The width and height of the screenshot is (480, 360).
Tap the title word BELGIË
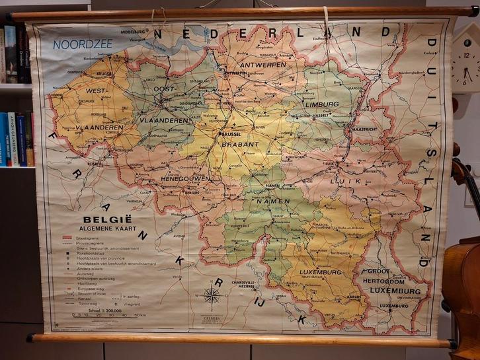click(105, 215)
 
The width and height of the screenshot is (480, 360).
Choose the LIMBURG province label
click(321, 104)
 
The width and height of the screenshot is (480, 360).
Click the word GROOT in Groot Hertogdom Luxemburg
click(378, 271)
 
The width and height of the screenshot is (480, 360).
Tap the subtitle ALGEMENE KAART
click(106, 225)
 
